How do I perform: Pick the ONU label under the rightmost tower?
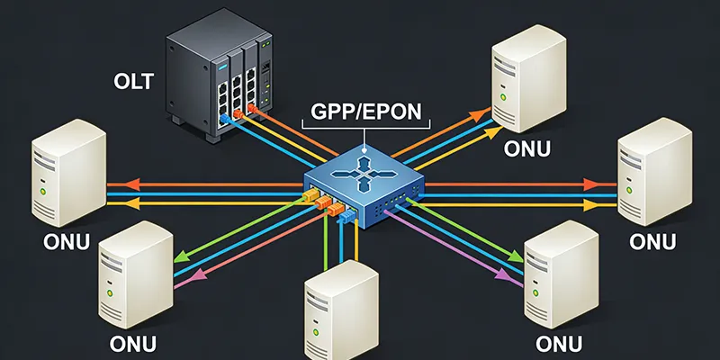pyautogui.click(x=652, y=242)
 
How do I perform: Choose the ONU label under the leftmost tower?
pyautogui.click(x=67, y=243)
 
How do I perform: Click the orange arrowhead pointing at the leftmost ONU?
pyautogui.click(x=113, y=184)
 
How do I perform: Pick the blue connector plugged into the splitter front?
pyautogui.click(x=344, y=218)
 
